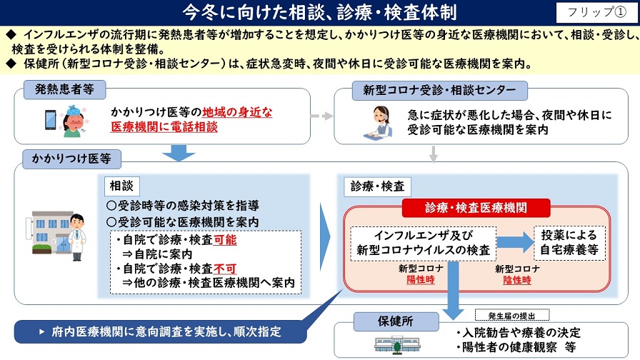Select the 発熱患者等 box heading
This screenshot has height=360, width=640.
(x=65, y=90)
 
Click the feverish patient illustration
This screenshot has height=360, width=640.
(x=74, y=121)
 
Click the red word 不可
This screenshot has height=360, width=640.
(x=225, y=269)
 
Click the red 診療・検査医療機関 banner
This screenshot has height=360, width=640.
(x=477, y=208)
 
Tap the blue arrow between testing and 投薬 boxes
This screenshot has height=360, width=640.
(x=515, y=242)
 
